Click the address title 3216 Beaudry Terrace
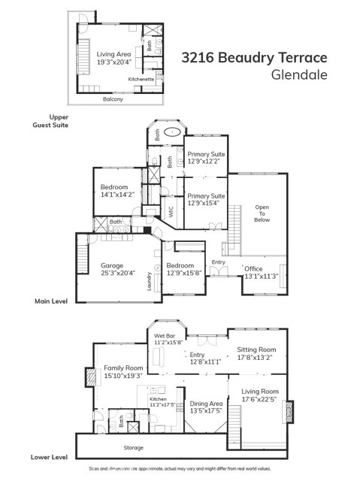(255, 58)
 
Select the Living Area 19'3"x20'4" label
(113, 58)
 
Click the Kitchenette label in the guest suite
(141, 79)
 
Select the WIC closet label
(171, 213)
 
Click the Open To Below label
(262, 212)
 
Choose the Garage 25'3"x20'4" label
(117, 269)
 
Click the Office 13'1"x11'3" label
(261, 272)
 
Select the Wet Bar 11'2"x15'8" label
(168, 340)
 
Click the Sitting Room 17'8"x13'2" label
(256, 353)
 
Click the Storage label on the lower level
(133, 449)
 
